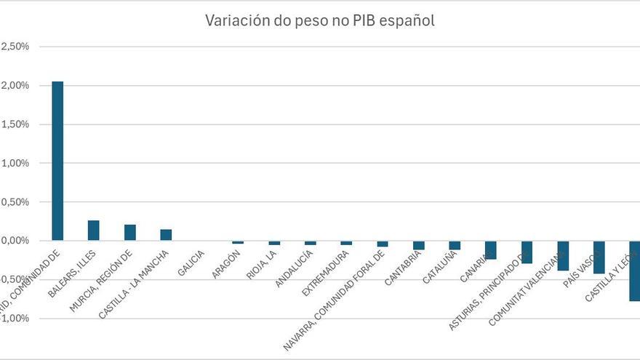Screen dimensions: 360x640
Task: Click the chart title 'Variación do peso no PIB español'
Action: click(x=320, y=20)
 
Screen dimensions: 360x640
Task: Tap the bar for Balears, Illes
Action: click(x=93, y=230)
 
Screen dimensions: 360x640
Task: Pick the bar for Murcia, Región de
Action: click(x=129, y=232)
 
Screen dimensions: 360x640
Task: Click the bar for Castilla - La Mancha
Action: click(x=166, y=234)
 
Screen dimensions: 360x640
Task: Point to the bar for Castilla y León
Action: click(x=634, y=271)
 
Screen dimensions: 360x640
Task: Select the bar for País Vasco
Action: click(x=599, y=257)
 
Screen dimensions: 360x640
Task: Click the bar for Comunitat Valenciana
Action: click(x=563, y=255)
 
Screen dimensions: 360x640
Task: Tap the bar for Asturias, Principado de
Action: click(x=527, y=252)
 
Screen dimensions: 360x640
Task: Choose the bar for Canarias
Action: click(x=491, y=249)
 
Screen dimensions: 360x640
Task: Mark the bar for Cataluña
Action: click(x=455, y=245)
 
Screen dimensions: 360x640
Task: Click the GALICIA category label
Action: click(x=191, y=263)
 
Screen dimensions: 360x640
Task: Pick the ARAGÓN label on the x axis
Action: click(x=226, y=264)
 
